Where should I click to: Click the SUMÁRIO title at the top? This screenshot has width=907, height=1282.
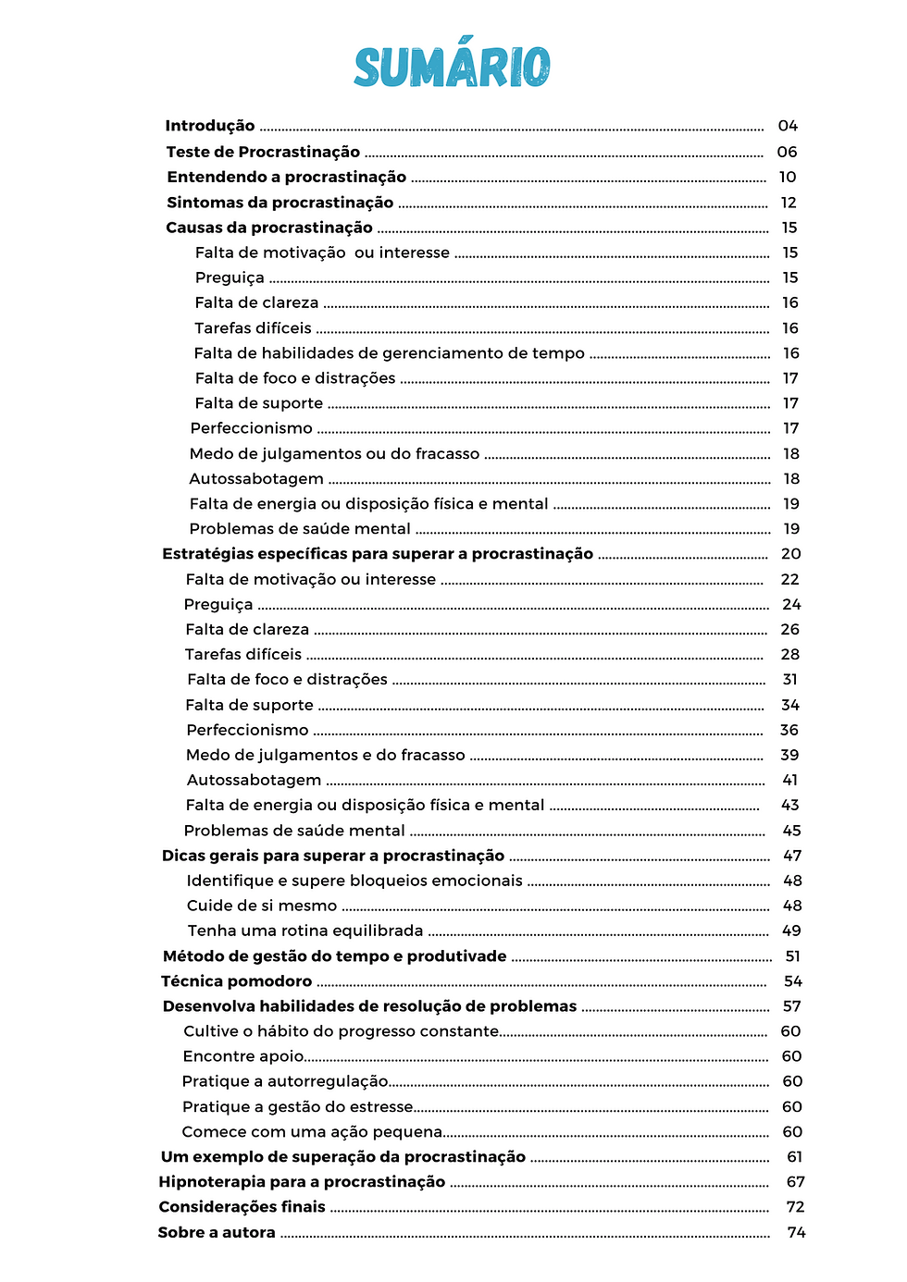point(452,67)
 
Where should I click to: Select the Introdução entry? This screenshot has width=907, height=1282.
point(210,126)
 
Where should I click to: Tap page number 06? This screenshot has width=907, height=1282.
point(787,152)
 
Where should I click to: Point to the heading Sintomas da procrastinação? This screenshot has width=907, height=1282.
point(280,203)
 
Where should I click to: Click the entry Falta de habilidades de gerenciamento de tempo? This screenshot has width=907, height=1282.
point(389,353)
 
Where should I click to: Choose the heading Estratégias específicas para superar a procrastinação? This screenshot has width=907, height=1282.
point(378,554)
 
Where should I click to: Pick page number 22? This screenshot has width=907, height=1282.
point(789,579)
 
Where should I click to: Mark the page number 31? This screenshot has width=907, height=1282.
point(789,679)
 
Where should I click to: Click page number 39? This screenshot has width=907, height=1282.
point(789,755)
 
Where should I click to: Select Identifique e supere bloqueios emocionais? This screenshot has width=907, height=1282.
point(354,881)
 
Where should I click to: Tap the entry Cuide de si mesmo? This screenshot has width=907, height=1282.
point(262,906)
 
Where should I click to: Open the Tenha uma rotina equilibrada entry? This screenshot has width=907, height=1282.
point(305,931)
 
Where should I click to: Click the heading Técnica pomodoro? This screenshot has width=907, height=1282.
point(237,981)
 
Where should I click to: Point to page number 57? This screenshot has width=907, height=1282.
point(792,1006)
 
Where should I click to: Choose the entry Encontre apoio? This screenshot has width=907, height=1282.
point(243,1056)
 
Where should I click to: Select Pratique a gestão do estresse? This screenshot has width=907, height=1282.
point(298,1107)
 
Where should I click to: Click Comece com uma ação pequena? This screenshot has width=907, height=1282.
point(312,1132)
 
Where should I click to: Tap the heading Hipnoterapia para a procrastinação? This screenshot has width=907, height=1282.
point(302,1182)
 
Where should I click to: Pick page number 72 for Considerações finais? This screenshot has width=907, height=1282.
point(795,1207)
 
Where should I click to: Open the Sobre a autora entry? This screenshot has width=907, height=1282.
point(217,1233)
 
